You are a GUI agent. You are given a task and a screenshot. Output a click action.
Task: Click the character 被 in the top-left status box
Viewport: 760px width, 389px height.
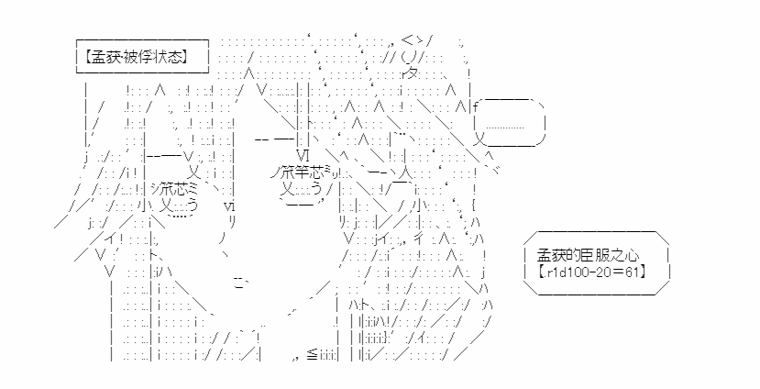pyautogui.click(x=131, y=57)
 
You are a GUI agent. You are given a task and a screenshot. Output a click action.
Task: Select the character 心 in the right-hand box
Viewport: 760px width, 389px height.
pyautogui.click(x=632, y=255)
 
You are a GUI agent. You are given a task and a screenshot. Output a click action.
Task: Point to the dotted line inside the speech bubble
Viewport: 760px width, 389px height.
pyautogui.click(x=504, y=128)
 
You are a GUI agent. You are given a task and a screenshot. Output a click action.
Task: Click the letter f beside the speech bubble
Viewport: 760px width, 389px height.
pyautogui.click(x=476, y=105)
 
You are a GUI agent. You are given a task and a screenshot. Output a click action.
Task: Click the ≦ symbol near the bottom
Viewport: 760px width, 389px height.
pyautogui.click(x=312, y=356)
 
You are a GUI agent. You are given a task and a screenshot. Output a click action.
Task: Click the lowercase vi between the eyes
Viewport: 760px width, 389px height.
pyautogui.click(x=230, y=206)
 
